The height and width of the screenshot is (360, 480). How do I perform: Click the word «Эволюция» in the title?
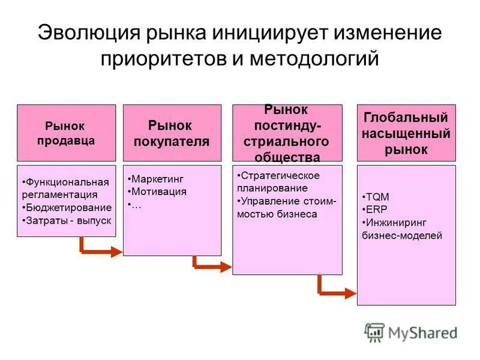click(x=89, y=32)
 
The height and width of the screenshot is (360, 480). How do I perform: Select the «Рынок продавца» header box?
click(x=66, y=133)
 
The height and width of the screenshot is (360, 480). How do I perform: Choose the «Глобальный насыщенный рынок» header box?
click(x=406, y=133)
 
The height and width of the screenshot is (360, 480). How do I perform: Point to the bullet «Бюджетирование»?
click(x=68, y=208)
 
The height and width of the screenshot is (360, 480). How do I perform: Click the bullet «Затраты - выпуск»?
click(x=68, y=220)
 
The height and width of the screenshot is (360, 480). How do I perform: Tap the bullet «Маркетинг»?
click(x=157, y=179)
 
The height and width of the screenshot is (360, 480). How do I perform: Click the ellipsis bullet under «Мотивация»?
click(x=136, y=205)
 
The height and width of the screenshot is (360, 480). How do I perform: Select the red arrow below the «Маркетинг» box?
click(x=210, y=265)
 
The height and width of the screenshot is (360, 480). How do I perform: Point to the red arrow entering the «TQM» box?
click(x=335, y=292)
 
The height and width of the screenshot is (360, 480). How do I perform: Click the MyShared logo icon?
click(x=374, y=332)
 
